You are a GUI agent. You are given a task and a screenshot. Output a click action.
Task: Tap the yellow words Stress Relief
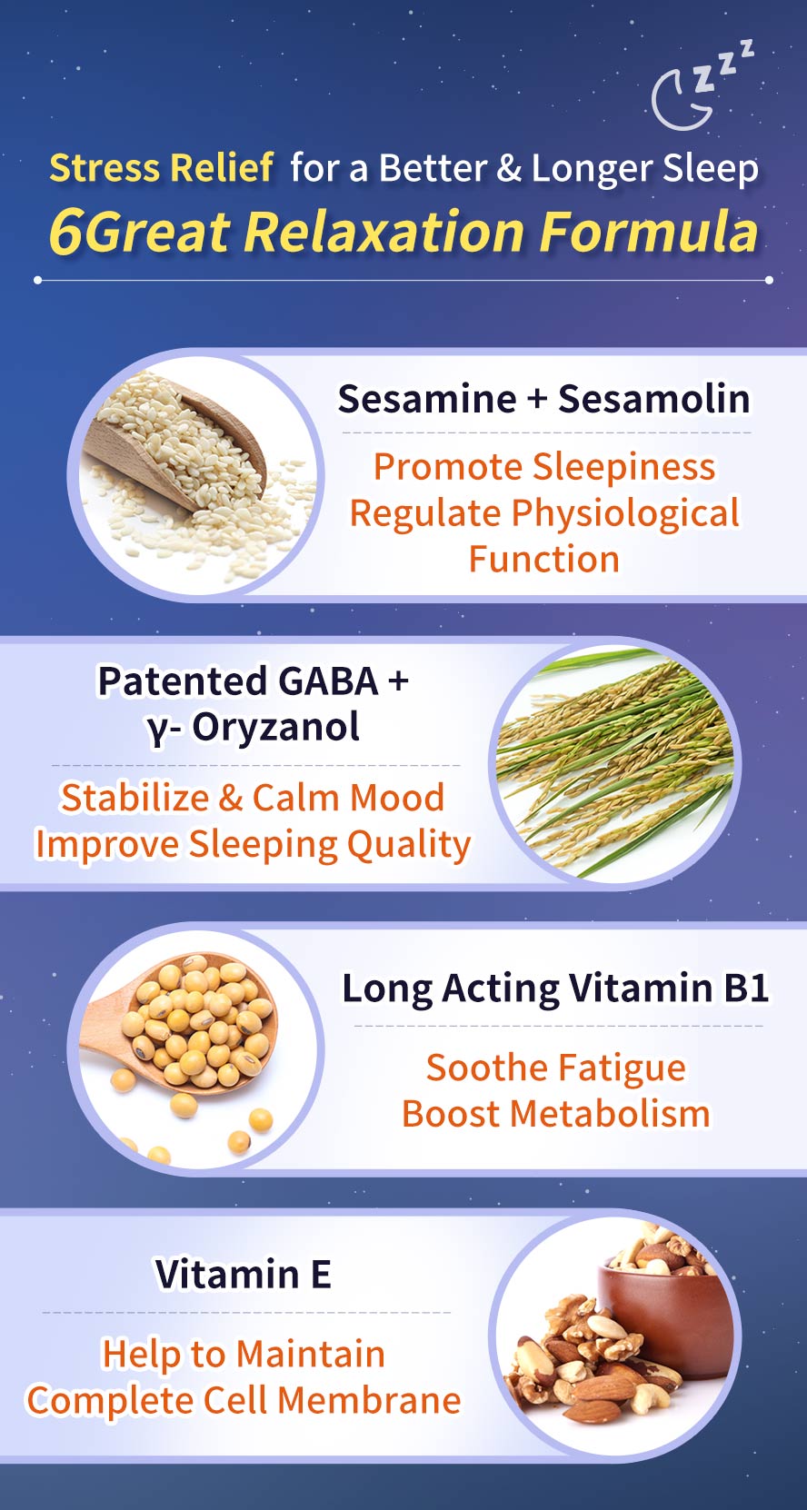[161, 167]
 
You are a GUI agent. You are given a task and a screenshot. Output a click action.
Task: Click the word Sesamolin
[654, 399]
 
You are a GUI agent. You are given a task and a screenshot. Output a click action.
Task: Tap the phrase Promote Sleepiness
[544, 467]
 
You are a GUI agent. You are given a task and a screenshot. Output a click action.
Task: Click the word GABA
[328, 680]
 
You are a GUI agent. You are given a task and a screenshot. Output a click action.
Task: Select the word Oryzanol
[275, 727]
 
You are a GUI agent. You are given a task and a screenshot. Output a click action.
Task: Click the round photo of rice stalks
[615, 763]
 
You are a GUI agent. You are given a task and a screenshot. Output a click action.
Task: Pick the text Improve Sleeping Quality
[254, 845]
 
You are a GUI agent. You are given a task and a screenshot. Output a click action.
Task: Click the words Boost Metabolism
[555, 1114]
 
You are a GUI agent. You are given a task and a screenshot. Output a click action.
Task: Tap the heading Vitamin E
[243, 1274]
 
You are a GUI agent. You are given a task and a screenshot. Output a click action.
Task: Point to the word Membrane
[370, 1400]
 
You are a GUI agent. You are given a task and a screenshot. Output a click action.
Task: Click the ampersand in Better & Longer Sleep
[509, 168]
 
